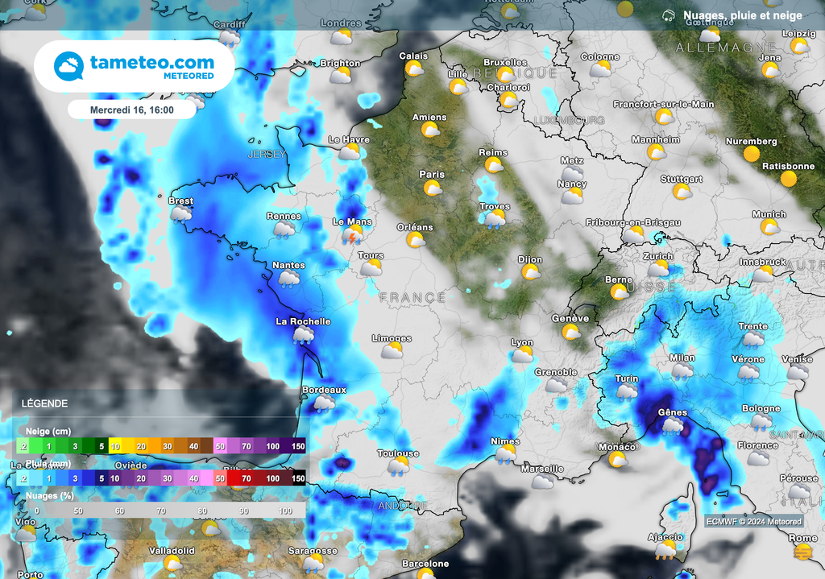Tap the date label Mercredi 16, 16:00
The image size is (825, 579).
[x=132, y=109]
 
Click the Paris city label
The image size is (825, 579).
[x=432, y=174]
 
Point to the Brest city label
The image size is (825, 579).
[x=181, y=201]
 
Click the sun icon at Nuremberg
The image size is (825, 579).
[x=752, y=154]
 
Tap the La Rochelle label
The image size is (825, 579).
[x=303, y=321]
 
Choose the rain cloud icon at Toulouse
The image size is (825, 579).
[x=398, y=466]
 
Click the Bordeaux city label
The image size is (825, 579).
[x=324, y=390]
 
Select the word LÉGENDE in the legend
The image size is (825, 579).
[x=44, y=403]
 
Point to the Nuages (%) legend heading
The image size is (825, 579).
[x=51, y=496]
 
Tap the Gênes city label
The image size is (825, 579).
[x=673, y=412]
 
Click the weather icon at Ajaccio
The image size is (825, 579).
[x=665, y=550]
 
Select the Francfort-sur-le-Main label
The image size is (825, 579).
[x=663, y=104]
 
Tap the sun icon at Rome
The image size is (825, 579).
[x=802, y=552]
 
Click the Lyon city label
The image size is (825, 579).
[x=522, y=342]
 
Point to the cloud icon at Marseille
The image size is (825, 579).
[x=543, y=481]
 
